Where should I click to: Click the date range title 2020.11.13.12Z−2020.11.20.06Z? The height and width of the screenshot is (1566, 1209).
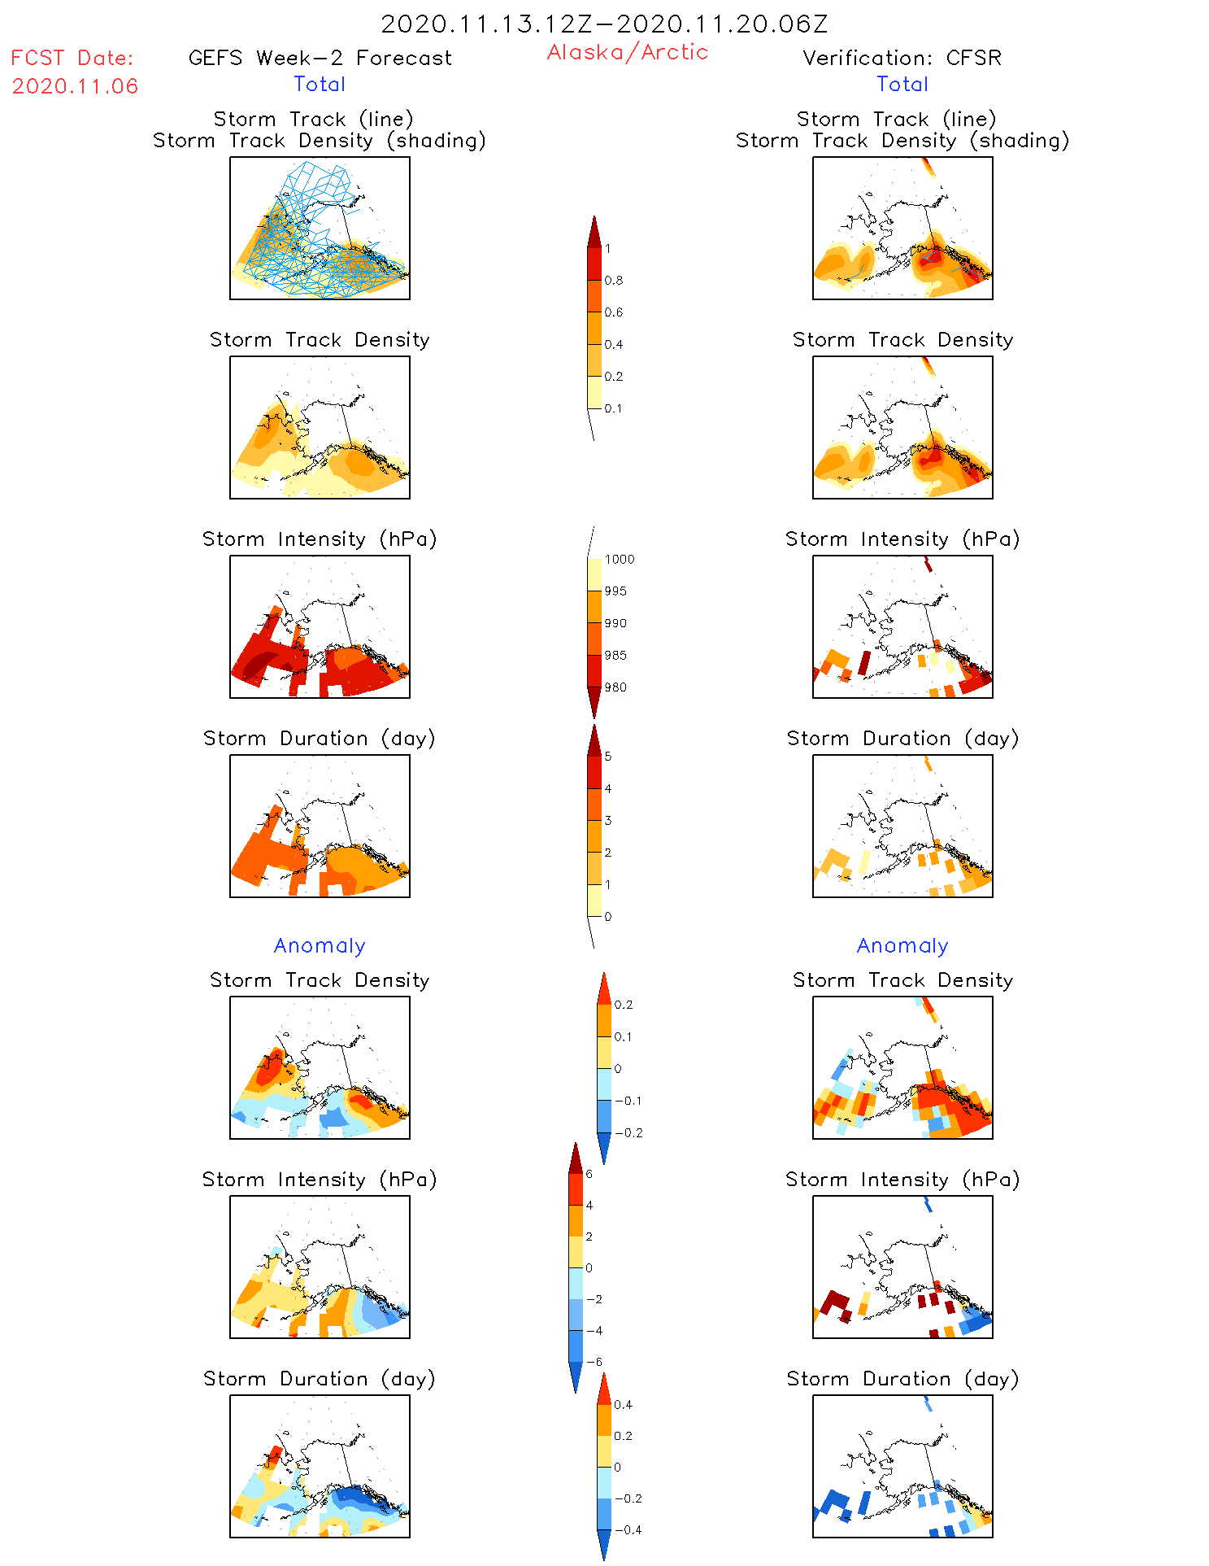[604, 24]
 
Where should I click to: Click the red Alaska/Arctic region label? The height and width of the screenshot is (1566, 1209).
[627, 52]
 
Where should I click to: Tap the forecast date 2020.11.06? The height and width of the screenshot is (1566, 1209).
[75, 86]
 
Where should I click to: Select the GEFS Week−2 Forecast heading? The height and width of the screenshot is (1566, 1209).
[320, 58]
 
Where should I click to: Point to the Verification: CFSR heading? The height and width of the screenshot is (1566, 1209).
[902, 58]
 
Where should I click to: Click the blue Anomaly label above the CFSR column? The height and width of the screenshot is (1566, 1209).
[902, 945]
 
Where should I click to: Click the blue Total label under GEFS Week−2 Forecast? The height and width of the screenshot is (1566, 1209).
[320, 84]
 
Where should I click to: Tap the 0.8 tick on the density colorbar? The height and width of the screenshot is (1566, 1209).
[614, 281]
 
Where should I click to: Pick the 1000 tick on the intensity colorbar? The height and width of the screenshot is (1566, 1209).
[619, 560]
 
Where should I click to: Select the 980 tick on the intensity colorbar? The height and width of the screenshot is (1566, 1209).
[615, 687]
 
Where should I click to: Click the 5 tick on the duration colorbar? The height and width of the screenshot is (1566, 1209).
[608, 757]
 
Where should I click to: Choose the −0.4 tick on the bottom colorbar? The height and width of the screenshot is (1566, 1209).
[627, 1529]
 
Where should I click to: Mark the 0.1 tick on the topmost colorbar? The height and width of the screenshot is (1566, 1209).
[613, 408]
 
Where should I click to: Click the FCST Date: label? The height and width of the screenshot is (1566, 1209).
[72, 58]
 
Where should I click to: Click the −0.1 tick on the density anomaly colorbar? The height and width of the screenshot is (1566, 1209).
[627, 1101]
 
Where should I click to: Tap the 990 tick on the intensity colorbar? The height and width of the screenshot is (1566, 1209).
[615, 623]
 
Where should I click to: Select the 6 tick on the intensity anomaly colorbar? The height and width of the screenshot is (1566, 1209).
[589, 1174]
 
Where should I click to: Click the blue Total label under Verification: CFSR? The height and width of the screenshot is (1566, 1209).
[902, 84]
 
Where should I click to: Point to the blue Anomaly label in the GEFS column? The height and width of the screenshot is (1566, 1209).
[320, 945]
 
